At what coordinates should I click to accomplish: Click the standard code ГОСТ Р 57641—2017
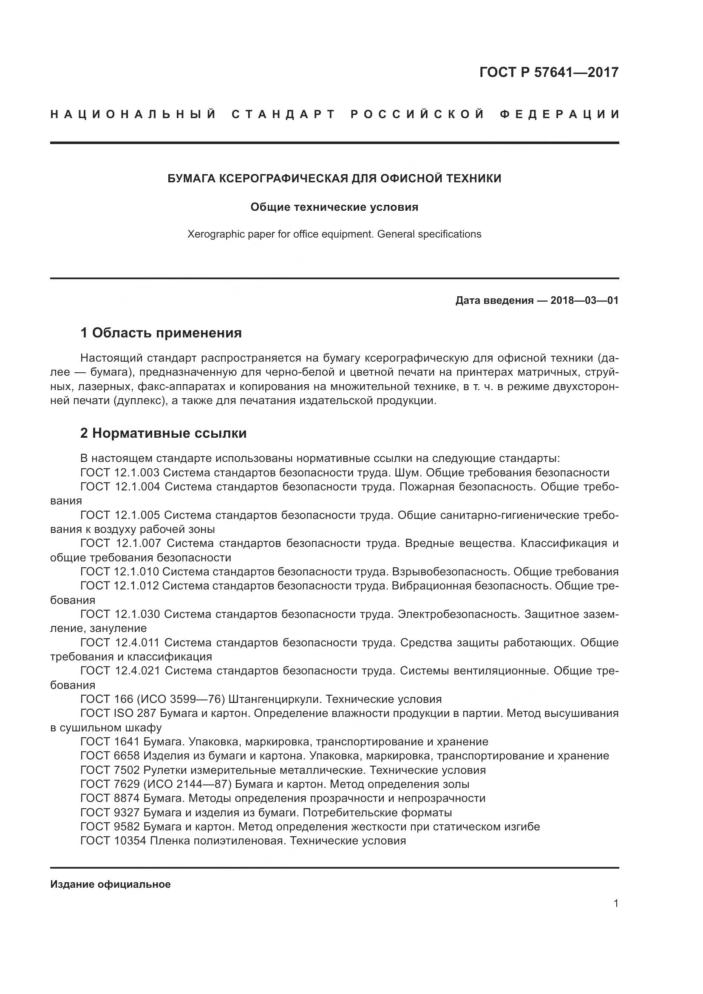[548, 72]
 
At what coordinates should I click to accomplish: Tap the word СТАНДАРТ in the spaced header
[283, 114]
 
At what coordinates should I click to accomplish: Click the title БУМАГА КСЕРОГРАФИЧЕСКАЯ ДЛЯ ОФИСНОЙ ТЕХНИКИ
[334, 178]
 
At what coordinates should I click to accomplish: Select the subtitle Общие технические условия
[334, 207]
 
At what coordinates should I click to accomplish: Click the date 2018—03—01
[584, 300]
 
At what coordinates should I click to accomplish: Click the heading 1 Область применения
[161, 333]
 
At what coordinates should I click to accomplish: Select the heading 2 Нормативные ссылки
[163, 433]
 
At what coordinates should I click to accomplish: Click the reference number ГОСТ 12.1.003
[120, 472]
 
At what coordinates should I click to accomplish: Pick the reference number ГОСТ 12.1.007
[121, 543]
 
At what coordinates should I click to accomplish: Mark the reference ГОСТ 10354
[113, 841]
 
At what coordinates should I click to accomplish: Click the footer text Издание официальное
[111, 884]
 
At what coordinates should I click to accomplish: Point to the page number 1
[615, 903]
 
